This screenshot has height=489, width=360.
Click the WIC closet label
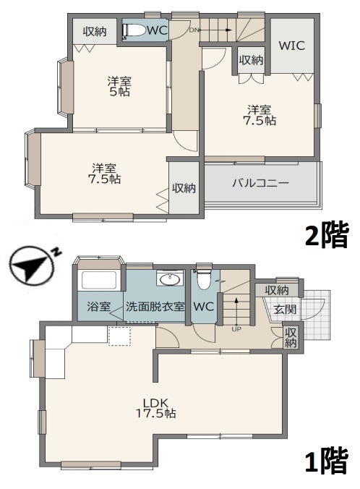click(x=291, y=46)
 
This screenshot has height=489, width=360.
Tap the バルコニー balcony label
click(x=260, y=183)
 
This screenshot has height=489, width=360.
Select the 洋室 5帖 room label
click(x=119, y=87)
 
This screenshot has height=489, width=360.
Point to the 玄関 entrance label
click(x=284, y=309)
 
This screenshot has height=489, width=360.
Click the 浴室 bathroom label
click(x=99, y=306)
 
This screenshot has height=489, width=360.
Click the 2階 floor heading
click(x=327, y=236)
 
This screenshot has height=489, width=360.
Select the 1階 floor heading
click(x=326, y=460)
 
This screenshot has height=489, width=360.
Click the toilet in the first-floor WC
click(x=203, y=278)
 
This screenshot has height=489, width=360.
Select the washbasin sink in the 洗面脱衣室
click(x=171, y=280)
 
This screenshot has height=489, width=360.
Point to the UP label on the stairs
click(x=236, y=329)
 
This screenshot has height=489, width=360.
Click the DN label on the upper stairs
click(x=194, y=30)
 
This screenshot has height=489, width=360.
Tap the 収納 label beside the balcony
click(x=184, y=188)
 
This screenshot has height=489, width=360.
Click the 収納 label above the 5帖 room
click(x=94, y=31)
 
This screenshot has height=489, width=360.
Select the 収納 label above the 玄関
click(x=277, y=290)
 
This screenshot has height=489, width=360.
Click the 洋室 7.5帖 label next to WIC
click(x=260, y=116)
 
